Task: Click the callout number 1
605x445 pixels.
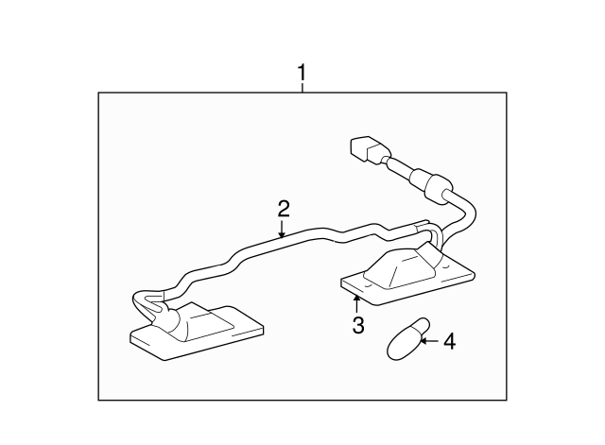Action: click(302, 72)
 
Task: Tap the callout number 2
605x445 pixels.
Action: click(284, 209)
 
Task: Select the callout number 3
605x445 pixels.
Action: click(358, 325)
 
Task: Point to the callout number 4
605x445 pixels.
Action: click(450, 342)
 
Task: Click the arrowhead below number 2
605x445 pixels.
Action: click(282, 234)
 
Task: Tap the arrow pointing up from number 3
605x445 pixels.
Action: click(357, 303)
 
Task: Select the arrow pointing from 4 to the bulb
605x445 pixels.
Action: click(429, 341)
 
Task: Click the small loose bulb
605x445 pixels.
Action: click(407, 339)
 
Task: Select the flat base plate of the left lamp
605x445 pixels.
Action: click(197, 334)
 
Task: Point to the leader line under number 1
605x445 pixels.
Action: click(302, 87)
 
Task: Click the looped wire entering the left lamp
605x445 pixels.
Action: click(147, 301)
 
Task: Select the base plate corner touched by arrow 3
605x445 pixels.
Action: click(357, 295)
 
